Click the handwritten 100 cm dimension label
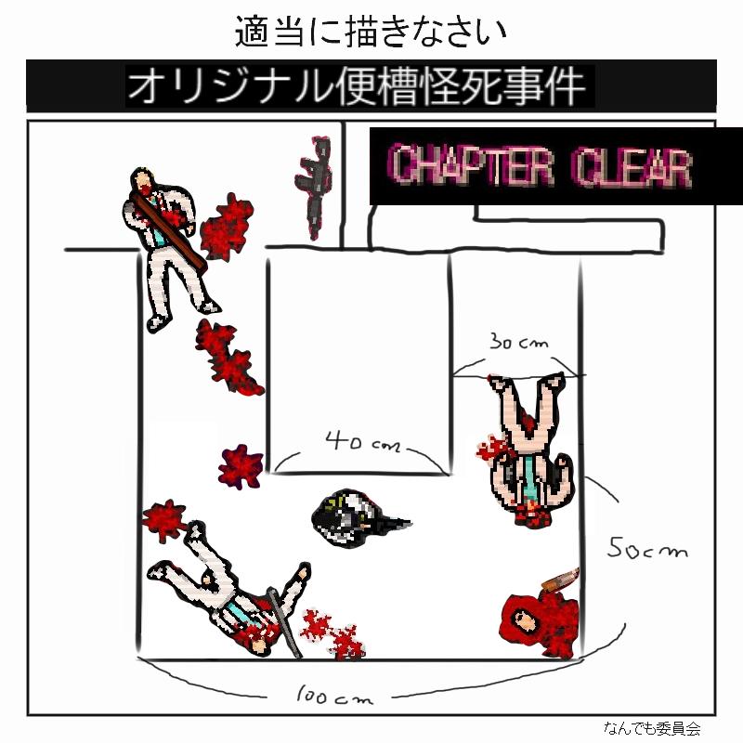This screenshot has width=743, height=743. click(335, 696)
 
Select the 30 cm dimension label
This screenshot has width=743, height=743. click(518, 341)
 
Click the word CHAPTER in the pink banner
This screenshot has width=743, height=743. click(472, 165)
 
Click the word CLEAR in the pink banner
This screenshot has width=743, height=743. click(632, 167)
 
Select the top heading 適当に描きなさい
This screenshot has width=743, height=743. click(371, 32)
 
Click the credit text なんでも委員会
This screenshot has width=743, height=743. click(652, 727)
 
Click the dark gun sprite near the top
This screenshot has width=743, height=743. click(314, 188)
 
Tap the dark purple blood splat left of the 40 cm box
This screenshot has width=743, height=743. click(241, 467)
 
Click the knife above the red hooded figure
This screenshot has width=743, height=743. click(561, 579)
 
